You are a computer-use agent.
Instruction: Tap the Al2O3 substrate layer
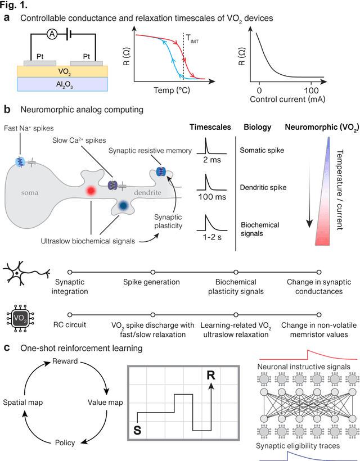click(63, 84)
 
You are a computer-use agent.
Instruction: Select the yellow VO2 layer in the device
click(63, 71)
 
